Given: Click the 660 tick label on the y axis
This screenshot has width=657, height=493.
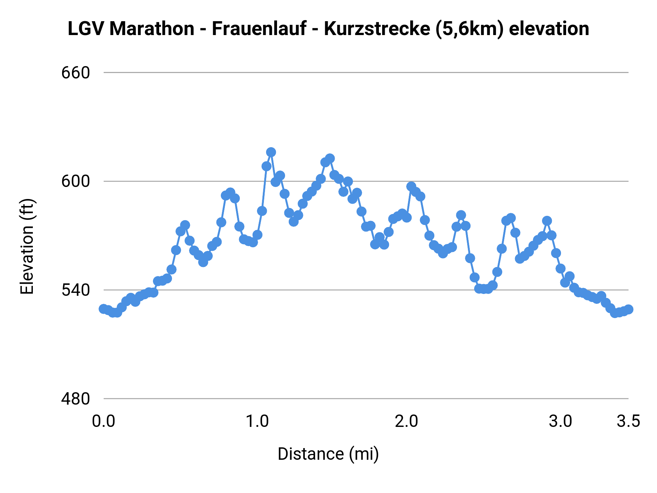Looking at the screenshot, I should tap(76, 73).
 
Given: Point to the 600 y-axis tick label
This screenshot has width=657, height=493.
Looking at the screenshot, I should tap(76, 181).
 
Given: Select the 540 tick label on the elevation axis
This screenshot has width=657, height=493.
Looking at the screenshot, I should tap(76, 290).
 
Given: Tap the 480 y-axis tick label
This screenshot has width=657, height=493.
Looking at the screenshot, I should tap(76, 399).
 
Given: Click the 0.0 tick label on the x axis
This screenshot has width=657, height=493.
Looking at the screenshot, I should tap(104, 421).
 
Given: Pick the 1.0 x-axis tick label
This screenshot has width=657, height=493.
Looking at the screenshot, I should tap(257, 421).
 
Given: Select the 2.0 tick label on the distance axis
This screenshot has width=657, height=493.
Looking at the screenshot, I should tap(407, 421).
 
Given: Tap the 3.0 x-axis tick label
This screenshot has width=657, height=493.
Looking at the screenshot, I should tap(560, 421).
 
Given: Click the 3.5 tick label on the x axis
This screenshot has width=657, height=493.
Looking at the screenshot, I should tap(628, 421).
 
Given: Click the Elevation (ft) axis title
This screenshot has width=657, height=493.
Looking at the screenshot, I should tap(27, 246).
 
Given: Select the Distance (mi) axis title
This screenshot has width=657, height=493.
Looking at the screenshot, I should tap(328, 454).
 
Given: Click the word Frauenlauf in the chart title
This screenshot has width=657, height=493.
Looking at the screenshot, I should tap(259, 29).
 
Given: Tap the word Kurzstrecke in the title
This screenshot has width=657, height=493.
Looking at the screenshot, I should tap(377, 29).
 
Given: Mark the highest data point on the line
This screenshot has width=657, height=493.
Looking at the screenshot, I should tap(271, 152).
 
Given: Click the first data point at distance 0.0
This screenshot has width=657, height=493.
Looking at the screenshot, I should tap(104, 309).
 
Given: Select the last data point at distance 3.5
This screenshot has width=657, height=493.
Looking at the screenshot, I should tap(629, 309).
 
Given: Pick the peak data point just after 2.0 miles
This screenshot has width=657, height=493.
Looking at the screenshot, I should tap(411, 187).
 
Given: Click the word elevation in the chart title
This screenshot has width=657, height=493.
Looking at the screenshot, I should tap(549, 29).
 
